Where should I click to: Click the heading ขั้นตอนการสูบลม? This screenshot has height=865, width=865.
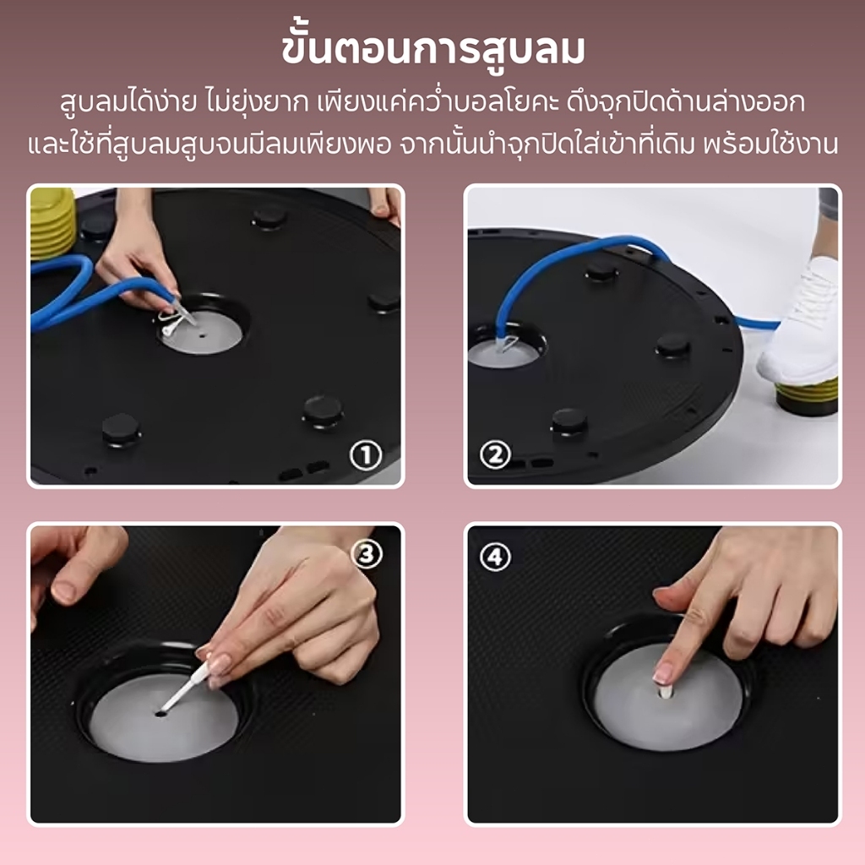[x=432, y=50]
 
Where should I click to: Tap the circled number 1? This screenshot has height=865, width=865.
[x=366, y=455]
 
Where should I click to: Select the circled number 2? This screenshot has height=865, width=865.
[x=495, y=454]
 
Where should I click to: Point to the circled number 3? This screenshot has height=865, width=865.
[x=367, y=553]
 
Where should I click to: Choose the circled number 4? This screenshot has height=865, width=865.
[x=495, y=557]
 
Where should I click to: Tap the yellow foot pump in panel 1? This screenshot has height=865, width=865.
[x=52, y=223]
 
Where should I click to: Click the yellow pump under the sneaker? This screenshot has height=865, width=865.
[x=806, y=396]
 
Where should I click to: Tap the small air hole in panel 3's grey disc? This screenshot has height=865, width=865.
[x=161, y=714]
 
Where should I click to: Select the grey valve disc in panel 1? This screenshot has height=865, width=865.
[x=202, y=332]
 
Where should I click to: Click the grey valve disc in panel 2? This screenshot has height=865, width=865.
[x=503, y=354]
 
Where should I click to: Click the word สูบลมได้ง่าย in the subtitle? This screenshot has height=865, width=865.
[x=129, y=102]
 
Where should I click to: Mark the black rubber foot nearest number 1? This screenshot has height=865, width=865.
[x=324, y=412]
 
